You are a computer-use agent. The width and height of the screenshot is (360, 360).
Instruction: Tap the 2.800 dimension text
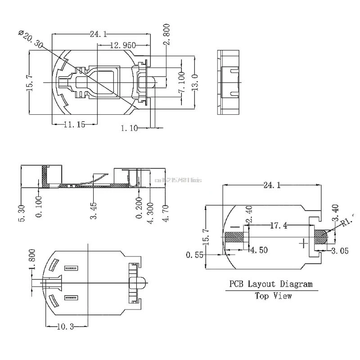[166, 34]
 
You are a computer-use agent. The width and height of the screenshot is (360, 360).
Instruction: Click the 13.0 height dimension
[194, 83]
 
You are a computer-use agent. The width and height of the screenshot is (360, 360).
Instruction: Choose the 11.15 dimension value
[74, 125]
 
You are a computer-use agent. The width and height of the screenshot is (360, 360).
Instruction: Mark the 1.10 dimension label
[129, 128]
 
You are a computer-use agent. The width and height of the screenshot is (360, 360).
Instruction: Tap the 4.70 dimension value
[166, 211]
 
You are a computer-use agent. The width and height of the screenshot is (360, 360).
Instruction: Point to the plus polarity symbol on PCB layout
[305, 243]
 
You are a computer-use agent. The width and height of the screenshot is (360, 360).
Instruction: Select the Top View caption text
[273, 296]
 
